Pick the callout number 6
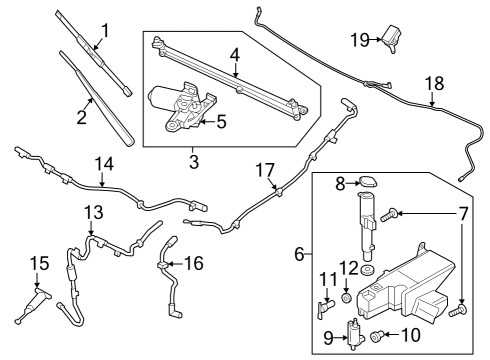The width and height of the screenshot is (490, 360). (x=299, y=256)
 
